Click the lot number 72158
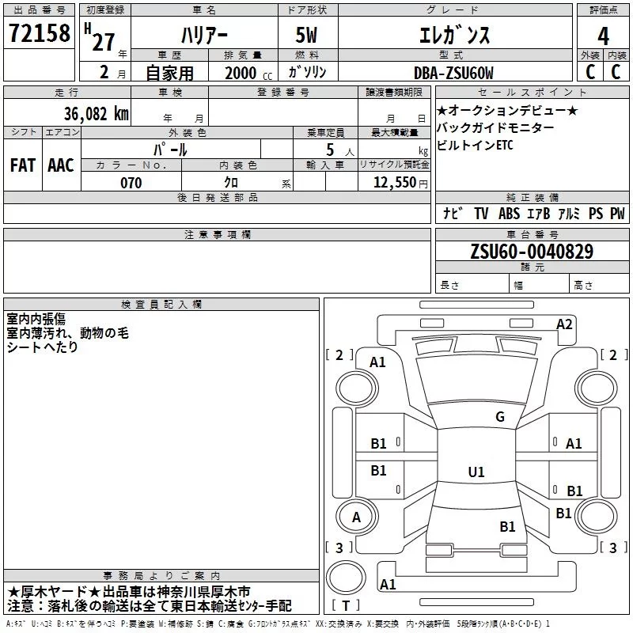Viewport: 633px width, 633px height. [x=38, y=34]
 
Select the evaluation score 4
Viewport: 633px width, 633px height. [x=603, y=36]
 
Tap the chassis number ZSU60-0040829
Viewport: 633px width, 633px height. [x=532, y=252]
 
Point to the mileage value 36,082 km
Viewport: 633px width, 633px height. [x=90, y=113]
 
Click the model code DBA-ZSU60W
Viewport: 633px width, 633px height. [x=453, y=73]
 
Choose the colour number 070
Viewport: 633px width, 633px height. [x=131, y=183]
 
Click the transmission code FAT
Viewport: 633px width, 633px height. [x=22, y=165]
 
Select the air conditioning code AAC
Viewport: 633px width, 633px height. [x=60, y=165]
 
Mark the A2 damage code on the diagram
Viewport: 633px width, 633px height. [x=564, y=324]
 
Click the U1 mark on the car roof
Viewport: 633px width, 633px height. [x=476, y=472]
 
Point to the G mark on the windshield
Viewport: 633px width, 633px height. [x=499, y=417]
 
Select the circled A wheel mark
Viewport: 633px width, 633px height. [x=356, y=517]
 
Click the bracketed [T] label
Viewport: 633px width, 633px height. [x=346, y=606]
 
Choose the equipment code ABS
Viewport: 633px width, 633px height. [x=509, y=214]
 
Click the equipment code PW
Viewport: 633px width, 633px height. [x=616, y=214]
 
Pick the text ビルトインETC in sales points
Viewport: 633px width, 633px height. [x=475, y=146]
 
